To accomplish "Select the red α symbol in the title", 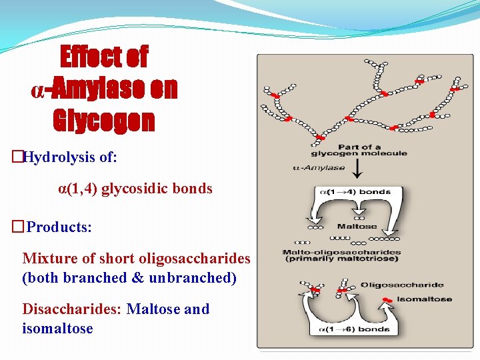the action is click(x=38, y=89).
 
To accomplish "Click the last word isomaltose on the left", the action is click(x=57, y=329).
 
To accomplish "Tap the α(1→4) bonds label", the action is click(x=357, y=192).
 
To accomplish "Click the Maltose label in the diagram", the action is click(x=357, y=227).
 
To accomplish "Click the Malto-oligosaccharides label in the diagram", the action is click(x=341, y=253).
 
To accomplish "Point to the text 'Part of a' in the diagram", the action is click(x=360, y=147).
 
